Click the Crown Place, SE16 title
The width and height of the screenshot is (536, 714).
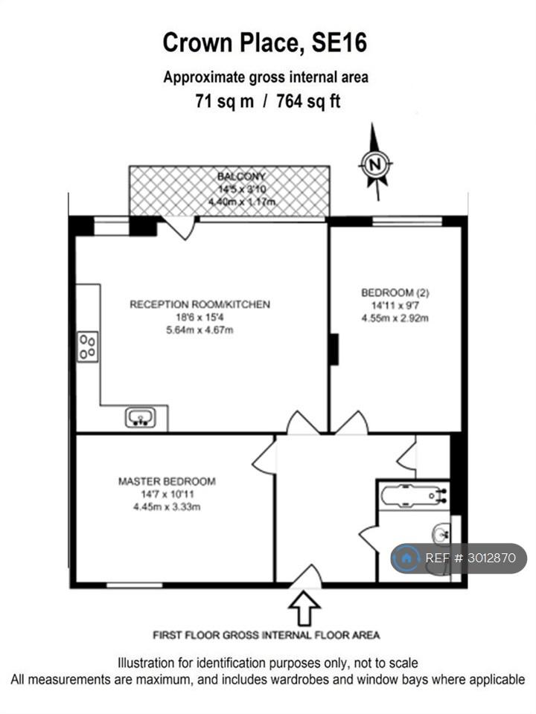[x=265, y=43]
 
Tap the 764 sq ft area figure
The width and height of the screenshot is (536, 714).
[x=308, y=100]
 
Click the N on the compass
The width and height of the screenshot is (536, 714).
[x=375, y=164]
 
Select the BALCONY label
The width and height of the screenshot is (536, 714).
[x=241, y=176]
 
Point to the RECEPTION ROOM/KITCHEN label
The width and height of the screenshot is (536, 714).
[x=200, y=304]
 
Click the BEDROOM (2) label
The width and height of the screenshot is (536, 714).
[x=395, y=292]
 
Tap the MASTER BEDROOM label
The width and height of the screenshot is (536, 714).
[x=167, y=481]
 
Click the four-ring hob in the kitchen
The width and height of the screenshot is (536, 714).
[x=88, y=347]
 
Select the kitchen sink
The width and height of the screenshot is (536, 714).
[x=141, y=417]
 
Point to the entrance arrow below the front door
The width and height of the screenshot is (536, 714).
[x=304, y=609]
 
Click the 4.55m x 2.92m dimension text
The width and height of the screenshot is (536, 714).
[x=395, y=318]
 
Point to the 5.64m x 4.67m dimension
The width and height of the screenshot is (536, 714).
[x=200, y=329]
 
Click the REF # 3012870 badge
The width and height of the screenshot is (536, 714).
[x=459, y=558]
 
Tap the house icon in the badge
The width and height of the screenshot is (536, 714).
[x=406, y=558]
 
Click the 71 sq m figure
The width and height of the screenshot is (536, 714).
[x=225, y=100]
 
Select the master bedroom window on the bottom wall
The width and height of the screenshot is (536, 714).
[x=135, y=585]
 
